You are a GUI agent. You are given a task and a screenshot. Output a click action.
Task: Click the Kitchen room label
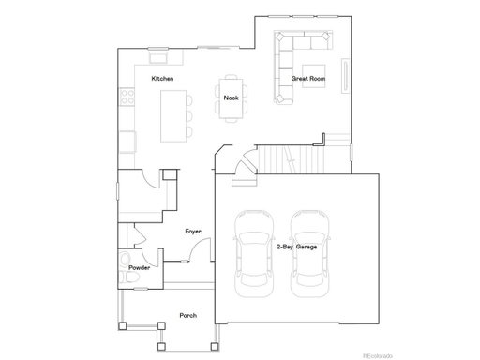[162, 79]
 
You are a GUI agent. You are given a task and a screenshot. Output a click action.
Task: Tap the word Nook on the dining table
[231, 97]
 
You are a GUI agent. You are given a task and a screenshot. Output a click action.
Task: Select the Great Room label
[308, 79]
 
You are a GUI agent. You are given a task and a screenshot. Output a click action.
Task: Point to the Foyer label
[193, 232]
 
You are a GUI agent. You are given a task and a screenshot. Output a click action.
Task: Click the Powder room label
[140, 268]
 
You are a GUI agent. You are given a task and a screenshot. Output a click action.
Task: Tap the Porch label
[188, 316]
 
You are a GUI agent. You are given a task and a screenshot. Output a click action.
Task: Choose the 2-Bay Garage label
[296, 247]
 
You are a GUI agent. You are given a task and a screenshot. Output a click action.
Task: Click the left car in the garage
[254, 253]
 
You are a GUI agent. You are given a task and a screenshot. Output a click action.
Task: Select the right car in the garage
[309, 253]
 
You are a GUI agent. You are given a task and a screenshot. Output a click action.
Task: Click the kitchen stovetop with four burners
[127, 97]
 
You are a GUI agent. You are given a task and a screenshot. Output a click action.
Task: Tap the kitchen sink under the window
[158, 57]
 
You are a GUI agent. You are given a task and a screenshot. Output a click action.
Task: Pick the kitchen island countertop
[173, 116]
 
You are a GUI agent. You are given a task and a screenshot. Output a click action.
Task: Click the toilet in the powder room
[130, 277]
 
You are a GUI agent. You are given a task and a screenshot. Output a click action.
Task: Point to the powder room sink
[125, 259]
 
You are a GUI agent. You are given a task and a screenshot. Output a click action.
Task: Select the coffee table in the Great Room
[314, 76]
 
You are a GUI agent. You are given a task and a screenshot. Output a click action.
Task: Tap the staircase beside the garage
[291, 159]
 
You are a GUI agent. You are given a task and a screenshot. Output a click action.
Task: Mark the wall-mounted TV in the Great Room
[345, 76]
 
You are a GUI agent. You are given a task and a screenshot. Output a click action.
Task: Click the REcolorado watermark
[378, 355]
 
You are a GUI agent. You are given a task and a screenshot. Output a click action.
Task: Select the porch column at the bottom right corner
[215, 346]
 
